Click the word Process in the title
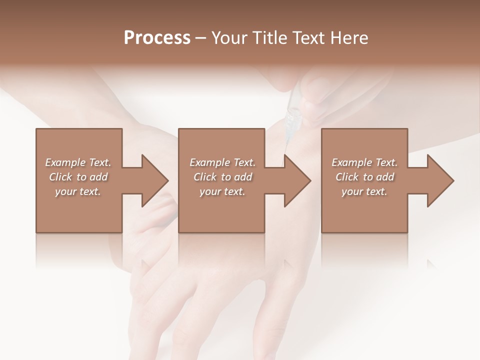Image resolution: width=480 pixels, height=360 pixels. [157, 38]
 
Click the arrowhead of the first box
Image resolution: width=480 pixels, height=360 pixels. [154, 180]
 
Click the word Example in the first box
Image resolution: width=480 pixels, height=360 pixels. [64, 162]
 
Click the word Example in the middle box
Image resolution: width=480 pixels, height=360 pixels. [209, 162]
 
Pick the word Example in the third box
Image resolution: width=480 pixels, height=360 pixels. [351, 162]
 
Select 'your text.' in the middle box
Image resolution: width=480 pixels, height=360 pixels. [222, 191]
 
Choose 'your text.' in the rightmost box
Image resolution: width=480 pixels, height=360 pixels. [364, 191]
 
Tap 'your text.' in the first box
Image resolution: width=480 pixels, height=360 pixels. [77, 191]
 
